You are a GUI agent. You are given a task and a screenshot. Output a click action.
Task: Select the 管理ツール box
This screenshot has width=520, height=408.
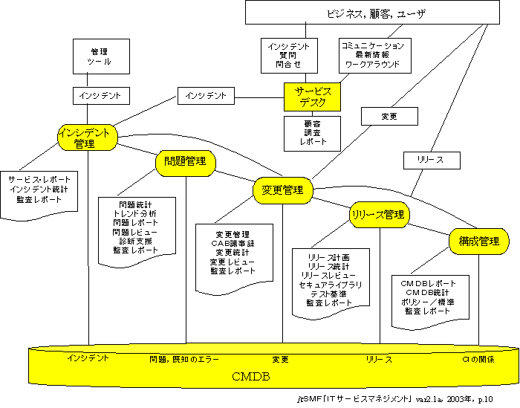(100, 56)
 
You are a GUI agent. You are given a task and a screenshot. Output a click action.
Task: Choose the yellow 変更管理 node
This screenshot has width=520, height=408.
(282, 190)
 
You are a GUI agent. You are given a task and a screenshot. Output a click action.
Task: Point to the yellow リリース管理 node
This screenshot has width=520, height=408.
(380, 214)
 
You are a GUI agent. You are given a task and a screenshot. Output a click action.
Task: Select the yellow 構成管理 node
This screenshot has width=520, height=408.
(479, 242)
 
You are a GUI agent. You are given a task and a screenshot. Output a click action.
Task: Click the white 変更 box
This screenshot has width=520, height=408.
(389, 117)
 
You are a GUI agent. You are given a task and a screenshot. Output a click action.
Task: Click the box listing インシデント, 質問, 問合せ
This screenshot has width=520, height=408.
(288, 56)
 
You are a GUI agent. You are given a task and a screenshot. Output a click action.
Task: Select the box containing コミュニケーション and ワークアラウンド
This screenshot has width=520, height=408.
(373, 56)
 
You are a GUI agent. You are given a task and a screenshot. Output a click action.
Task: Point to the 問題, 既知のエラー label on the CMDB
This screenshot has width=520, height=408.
(184, 360)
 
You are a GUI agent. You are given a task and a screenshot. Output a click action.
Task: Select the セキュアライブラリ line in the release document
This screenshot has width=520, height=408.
(331, 285)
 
